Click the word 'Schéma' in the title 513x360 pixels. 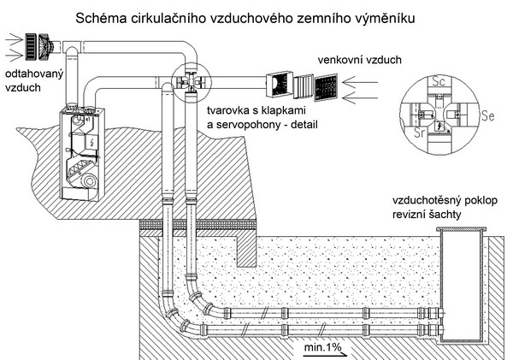(x=102, y=16)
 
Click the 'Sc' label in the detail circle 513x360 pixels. (x=441, y=83)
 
